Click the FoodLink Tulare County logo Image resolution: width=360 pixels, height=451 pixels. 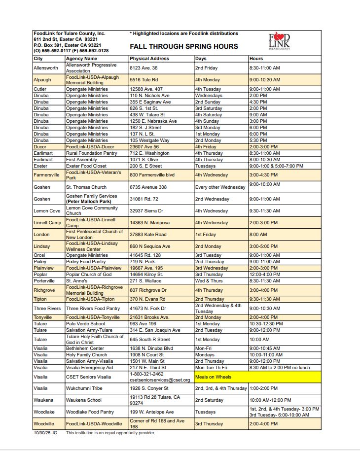point(279,41)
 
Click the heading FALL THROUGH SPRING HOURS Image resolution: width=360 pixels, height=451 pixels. point(183,46)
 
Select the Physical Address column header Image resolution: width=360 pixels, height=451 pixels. point(149,59)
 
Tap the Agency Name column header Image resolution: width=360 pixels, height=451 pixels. point(82,59)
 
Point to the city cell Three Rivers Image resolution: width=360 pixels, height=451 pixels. point(47,309)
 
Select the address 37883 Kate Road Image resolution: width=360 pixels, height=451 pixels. point(148,235)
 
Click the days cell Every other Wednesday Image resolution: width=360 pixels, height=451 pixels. point(220,187)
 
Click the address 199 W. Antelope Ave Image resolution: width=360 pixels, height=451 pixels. point(151,412)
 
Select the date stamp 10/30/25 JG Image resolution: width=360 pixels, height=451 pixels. point(45,433)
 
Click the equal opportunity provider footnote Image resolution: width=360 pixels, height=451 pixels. point(110,433)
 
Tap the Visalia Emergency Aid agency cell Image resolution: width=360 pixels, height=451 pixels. point(90,367)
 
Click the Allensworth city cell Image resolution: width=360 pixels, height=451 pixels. point(46,68)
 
